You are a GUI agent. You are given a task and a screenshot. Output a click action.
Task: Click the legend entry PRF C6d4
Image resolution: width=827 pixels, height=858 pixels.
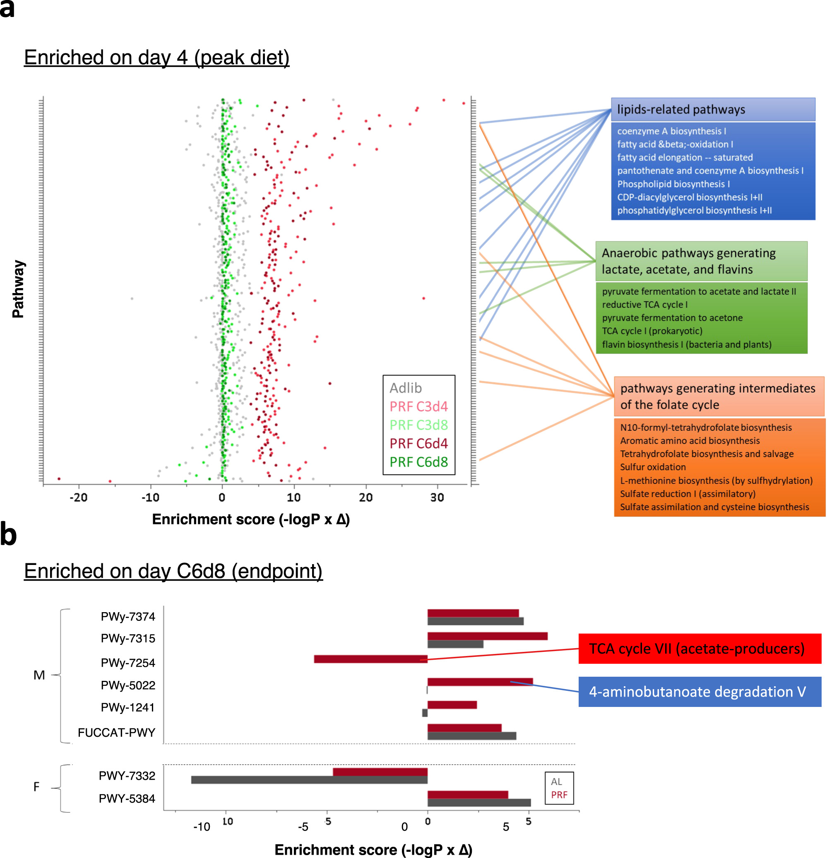(418, 443)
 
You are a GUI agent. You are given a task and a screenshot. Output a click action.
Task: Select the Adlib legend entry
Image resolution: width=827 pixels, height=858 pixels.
(405, 388)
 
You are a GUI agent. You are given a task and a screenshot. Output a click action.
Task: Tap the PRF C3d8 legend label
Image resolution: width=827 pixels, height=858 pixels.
(418, 425)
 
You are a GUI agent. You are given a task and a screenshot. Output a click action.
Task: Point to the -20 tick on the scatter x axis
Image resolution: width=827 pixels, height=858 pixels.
(78, 497)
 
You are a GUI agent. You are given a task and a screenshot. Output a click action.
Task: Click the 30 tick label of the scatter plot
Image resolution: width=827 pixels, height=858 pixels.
(437, 497)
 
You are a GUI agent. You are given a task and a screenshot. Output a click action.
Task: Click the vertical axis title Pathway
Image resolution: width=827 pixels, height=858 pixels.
(18, 289)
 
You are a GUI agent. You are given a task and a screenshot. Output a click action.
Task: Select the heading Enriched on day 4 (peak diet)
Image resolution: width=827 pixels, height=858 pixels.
(156, 58)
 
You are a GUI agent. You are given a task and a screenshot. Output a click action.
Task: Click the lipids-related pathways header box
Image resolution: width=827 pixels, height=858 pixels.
(713, 109)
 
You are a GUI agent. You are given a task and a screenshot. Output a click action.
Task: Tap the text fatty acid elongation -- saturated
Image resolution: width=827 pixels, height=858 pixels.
(685, 157)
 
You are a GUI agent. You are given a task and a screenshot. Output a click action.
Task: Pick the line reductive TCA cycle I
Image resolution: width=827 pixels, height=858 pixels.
(644, 305)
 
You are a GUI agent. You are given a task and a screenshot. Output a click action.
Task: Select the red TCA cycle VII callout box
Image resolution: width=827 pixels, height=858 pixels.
(699, 648)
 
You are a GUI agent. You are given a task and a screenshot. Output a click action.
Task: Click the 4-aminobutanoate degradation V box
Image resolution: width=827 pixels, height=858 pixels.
(699, 692)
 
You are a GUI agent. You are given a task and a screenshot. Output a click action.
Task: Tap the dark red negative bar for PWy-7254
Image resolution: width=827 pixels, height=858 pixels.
(370, 659)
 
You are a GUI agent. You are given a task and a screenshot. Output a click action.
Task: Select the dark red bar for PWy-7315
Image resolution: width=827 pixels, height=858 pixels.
(487, 636)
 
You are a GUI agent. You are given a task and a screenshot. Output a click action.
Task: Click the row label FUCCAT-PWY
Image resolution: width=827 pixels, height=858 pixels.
(116, 732)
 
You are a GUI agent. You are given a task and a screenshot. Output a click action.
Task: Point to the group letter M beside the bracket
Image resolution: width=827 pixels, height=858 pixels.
(39, 675)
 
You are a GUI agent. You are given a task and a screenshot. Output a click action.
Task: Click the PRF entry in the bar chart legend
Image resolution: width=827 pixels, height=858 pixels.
(559, 795)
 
